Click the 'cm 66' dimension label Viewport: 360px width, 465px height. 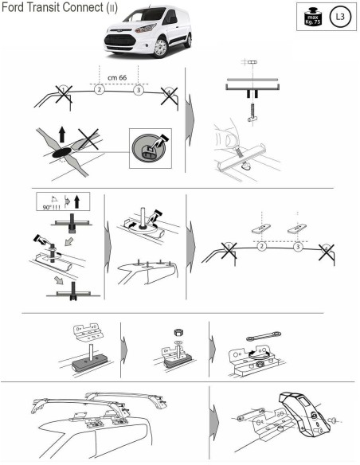pos(118,77)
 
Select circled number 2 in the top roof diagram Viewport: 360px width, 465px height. pos(99,91)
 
